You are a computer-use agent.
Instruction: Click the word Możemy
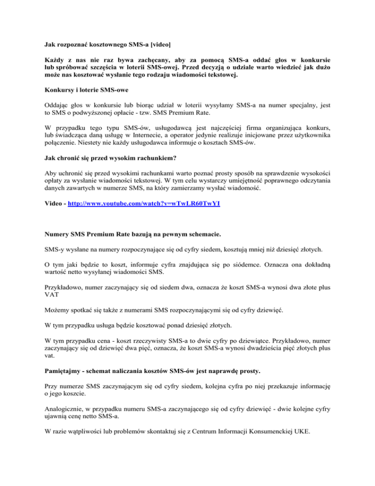pyautogui.click(x=56, y=325)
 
